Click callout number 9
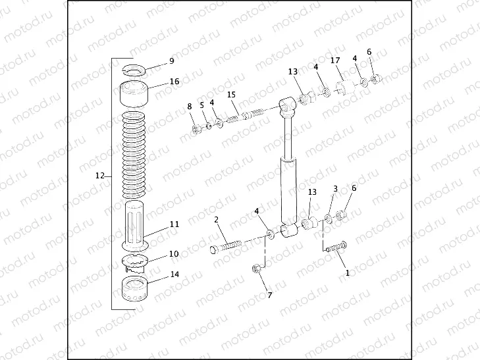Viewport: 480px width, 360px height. (x=172, y=61)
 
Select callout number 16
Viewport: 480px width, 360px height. (x=174, y=82)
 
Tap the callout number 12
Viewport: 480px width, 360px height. (x=100, y=176)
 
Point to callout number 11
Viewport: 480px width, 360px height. (x=174, y=224)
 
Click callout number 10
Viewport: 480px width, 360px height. (x=174, y=253)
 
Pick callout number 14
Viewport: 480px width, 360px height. (x=174, y=275)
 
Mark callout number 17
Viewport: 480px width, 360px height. (x=335, y=61)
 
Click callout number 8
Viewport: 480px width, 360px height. (x=190, y=106)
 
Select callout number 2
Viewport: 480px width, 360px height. (x=216, y=220)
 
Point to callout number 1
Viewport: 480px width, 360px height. (x=348, y=272)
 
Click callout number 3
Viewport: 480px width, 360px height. (x=335, y=189)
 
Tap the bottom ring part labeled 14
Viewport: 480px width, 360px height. (x=136, y=289)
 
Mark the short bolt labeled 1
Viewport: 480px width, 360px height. (x=335, y=247)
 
